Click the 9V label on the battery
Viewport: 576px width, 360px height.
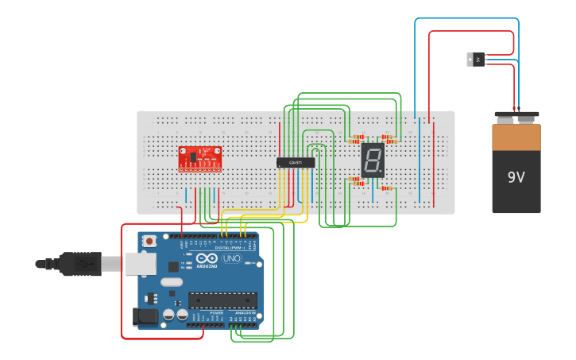tap(516, 177)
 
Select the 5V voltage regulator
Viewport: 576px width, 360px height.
tap(475, 60)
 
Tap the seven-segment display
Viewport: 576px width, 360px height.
tap(372, 160)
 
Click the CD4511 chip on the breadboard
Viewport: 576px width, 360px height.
tap(296, 163)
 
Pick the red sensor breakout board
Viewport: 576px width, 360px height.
tap(199, 157)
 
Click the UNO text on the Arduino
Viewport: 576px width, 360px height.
tap(231, 259)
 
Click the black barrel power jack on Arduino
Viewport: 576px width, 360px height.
tap(145, 316)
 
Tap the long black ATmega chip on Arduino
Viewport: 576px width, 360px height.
tap(222, 300)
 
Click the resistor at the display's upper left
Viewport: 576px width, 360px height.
tap(356, 140)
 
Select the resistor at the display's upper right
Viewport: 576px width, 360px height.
tap(389, 139)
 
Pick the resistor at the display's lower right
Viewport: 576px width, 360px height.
tap(388, 188)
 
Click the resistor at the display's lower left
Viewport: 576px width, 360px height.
tap(356, 181)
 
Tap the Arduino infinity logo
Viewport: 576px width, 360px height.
tap(207, 259)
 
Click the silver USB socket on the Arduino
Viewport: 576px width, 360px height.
tap(141, 264)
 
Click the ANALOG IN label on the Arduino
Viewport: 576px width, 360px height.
tap(245, 314)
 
